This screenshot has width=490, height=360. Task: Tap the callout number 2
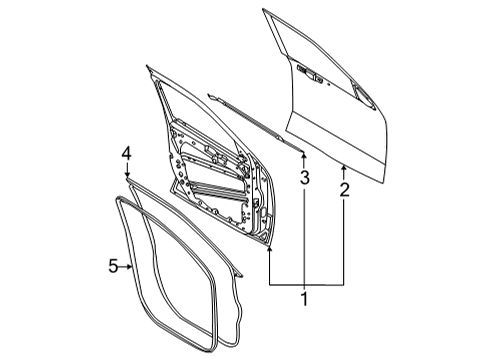click(344, 188)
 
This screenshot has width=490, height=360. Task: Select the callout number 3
click(304, 178)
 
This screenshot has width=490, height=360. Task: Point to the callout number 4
click(127, 153)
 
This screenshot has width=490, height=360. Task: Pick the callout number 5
click(113, 265)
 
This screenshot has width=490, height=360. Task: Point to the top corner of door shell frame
click(149, 68)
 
